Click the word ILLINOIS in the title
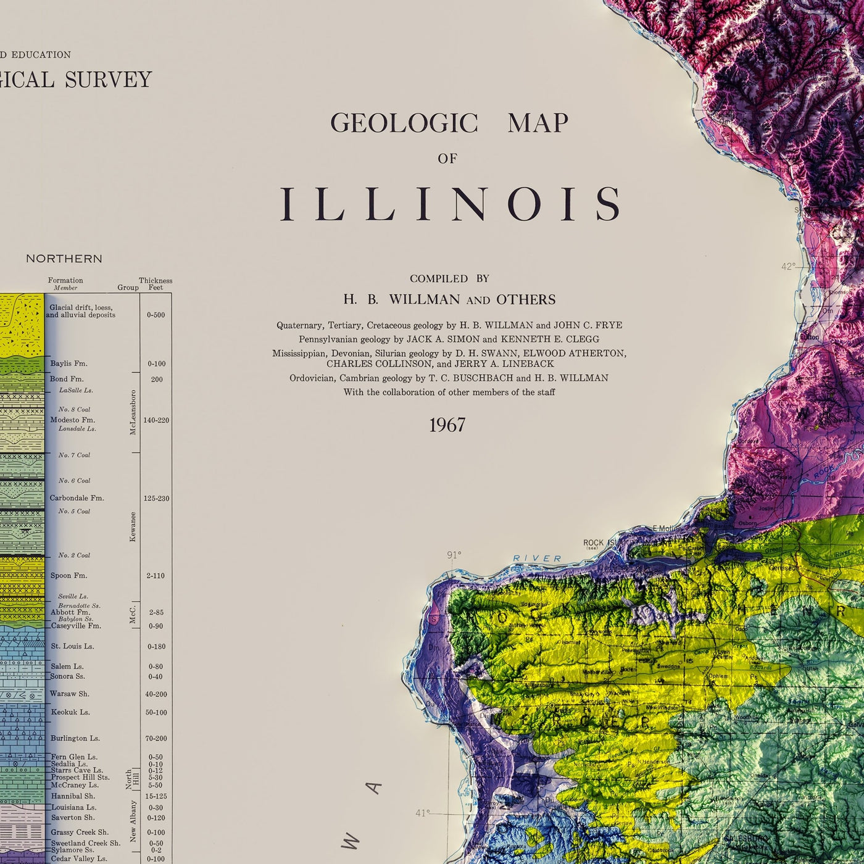(451, 204)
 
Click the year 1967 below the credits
(447, 425)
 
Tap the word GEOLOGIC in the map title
(404, 123)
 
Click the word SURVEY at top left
(108, 80)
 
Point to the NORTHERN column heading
(64, 259)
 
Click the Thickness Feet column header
(156, 284)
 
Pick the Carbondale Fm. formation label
(77, 498)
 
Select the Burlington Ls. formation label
(75, 738)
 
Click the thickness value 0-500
(156, 315)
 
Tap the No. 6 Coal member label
(74, 481)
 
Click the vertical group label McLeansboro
(133, 412)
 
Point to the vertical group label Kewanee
(133, 526)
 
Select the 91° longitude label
(454, 555)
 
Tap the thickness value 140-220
(156, 420)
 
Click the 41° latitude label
(422, 813)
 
